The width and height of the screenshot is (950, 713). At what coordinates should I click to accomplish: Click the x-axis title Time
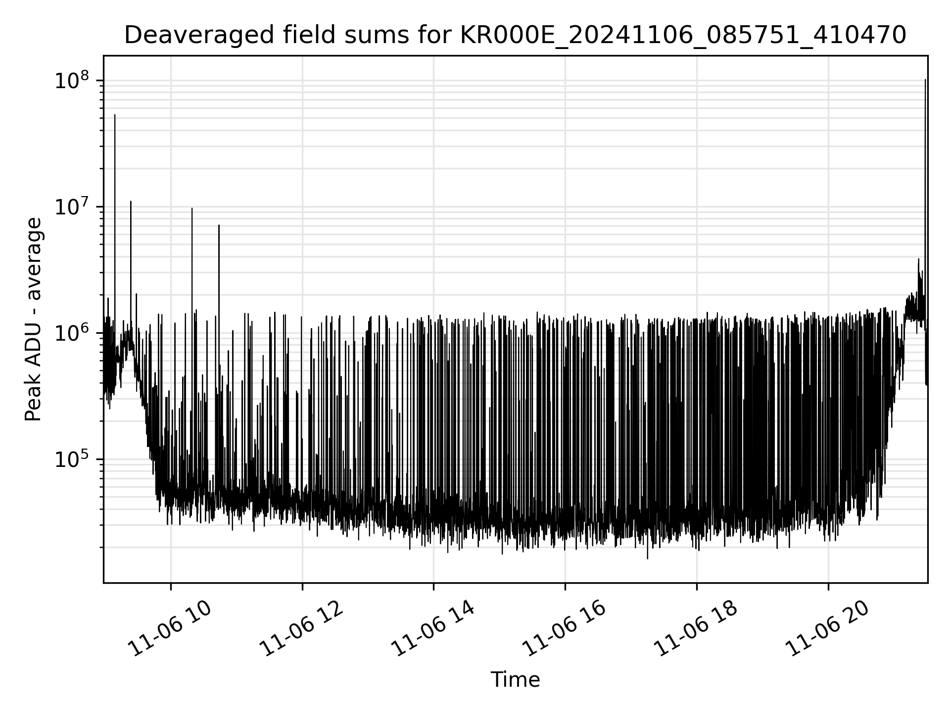tap(515, 680)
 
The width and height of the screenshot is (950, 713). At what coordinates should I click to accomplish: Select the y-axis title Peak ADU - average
tap(34, 320)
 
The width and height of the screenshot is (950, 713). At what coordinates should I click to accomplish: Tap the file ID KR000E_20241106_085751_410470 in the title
tap(683, 36)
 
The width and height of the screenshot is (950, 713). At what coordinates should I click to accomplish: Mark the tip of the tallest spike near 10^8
tap(925, 80)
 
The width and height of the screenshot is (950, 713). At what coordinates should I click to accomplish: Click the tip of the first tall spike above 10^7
tap(115, 115)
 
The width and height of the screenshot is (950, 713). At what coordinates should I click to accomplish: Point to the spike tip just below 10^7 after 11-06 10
tap(192, 208)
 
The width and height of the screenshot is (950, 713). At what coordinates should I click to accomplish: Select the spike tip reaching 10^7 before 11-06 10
tap(131, 202)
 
